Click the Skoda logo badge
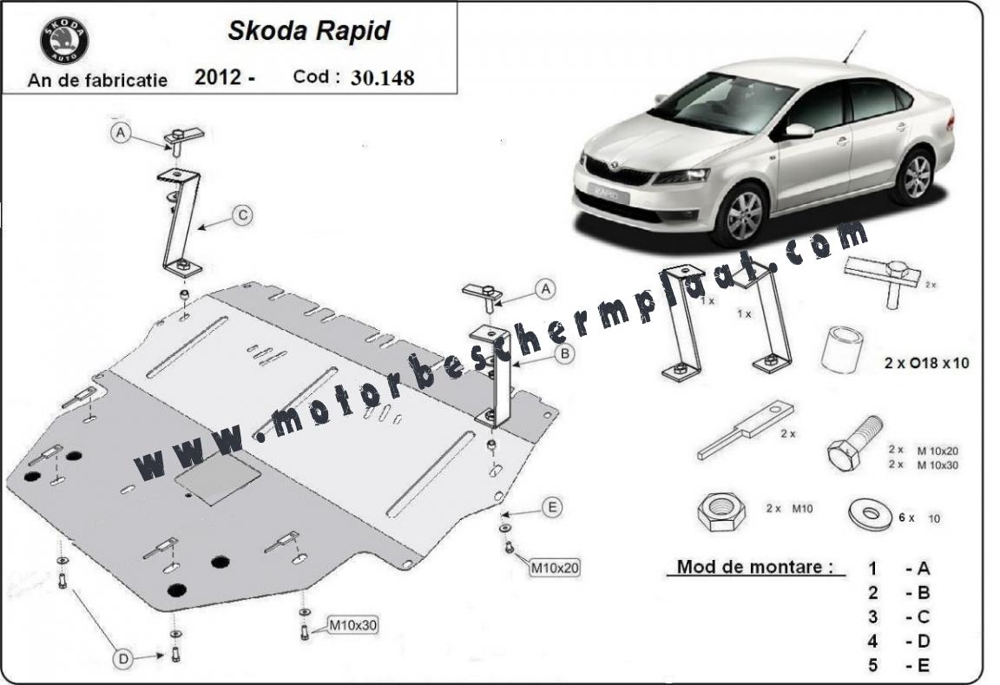(x=64, y=40)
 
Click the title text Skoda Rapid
(x=309, y=30)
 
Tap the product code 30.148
(x=382, y=78)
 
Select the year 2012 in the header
(x=218, y=77)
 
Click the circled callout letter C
(x=243, y=215)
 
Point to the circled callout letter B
(x=564, y=353)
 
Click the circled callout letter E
(x=552, y=507)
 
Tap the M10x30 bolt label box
(x=352, y=626)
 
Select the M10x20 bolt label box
(x=555, y=567)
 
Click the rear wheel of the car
(x=917, y=176)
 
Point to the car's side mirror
(x=798, y=131)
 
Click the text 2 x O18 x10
(x=926, y=363)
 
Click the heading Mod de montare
(x=755, y=566)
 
